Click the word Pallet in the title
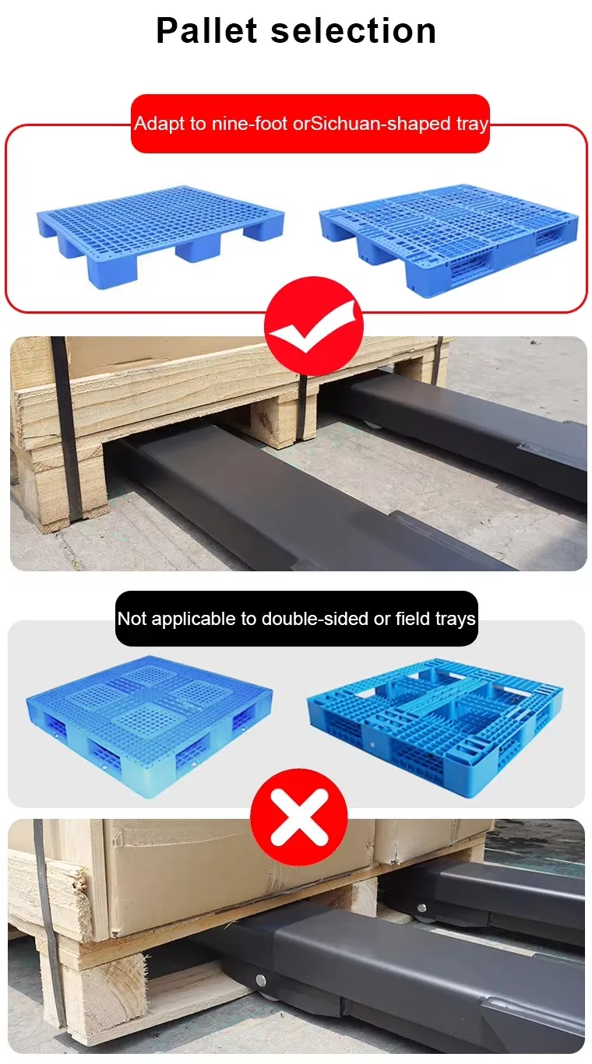(x=206, y=31)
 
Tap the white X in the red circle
(x=298, y=817)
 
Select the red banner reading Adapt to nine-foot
(x=310, y=124)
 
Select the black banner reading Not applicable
(x=296, y=619)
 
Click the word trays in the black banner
(x=455, y=619)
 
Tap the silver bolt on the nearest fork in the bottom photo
(x=259, y=980)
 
